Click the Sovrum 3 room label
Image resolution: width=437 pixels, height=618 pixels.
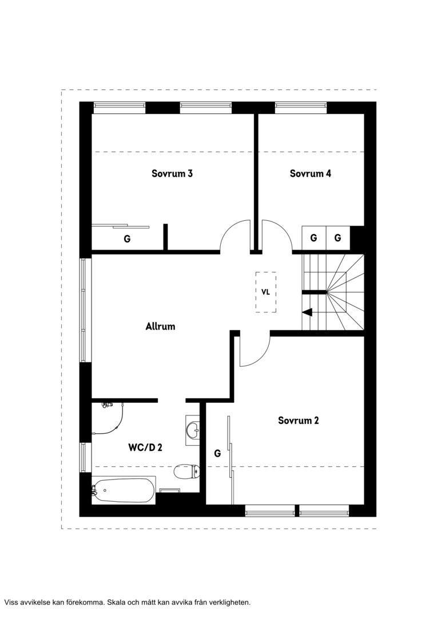(x=172, y=173)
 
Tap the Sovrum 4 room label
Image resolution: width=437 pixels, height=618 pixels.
(x=311, y=173)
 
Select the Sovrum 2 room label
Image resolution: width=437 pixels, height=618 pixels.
(x=299, y=420)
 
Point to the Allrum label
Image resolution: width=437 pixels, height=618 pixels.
(x=160, y=326)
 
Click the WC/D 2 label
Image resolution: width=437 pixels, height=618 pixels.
(x=145, y=447)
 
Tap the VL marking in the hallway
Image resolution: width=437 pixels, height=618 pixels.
(x=265, y=292)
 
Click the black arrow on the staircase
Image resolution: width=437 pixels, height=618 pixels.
(x=307, y=312)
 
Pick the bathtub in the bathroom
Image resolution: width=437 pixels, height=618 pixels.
(x=124, y=490)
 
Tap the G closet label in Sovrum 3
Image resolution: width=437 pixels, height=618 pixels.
(x=128, y=239)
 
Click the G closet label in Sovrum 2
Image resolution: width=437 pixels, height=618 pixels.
(x=217, y=454)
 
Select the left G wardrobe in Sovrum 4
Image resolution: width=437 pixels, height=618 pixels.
(x=313, y=238)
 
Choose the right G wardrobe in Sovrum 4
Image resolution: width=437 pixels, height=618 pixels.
(x=338, y=238)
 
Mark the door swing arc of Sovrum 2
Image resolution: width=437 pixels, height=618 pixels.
(x=261, y=359)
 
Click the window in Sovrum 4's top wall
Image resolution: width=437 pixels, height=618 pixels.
(x=301, y=108)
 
